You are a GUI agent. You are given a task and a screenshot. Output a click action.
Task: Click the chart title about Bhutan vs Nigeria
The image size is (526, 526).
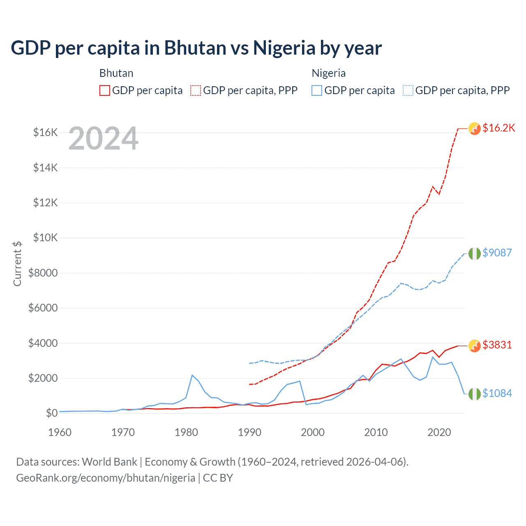point(196,48)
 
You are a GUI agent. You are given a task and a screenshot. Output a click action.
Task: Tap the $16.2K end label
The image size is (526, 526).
point(498,128)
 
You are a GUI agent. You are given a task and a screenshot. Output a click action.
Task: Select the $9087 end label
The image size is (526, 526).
point(497,253)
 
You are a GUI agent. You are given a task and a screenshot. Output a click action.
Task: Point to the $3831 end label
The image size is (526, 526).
point(497,345)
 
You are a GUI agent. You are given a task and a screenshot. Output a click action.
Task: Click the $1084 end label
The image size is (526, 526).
point(497,393)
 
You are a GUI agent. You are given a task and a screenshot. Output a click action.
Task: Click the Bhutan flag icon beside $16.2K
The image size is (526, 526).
point(475,129)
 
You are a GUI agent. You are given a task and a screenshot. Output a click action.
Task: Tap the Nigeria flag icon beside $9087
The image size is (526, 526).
point(475,254)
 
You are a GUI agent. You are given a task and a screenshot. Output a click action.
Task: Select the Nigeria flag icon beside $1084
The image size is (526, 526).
point(475,394)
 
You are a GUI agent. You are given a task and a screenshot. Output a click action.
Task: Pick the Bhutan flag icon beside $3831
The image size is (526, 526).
point(475,346)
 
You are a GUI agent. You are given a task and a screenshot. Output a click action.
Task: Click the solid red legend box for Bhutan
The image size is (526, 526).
point(105,90)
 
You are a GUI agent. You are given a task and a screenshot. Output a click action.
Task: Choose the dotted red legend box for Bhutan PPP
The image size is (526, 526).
point(196,90)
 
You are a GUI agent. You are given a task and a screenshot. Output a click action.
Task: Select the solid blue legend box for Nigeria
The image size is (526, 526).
point(317,90)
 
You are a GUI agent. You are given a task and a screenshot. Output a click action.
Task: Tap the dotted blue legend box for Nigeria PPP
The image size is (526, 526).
point(408,90)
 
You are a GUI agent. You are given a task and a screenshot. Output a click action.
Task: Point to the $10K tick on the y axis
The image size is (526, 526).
point(45,238)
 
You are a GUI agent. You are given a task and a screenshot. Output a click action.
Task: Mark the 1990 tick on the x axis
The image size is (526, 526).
point(249,432)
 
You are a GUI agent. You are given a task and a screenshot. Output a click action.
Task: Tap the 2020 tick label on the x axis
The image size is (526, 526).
point(439,432)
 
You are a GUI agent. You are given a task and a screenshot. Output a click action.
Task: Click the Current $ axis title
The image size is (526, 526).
point(17,263)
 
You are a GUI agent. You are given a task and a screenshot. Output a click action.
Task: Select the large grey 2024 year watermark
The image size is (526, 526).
point(103,138)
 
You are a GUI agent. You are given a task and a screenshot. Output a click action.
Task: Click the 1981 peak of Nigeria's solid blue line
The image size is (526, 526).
point(192,375)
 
